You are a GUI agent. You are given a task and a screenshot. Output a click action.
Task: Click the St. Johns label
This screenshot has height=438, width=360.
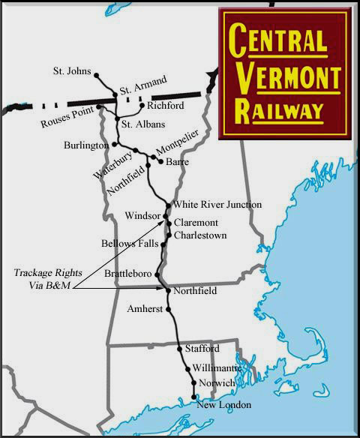point(71,73)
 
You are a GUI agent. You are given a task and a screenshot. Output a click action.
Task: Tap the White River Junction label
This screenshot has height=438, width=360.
point(217,205)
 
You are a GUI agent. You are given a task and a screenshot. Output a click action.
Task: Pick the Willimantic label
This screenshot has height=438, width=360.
point(217,369)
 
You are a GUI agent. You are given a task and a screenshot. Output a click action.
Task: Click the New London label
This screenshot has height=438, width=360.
point(223,406)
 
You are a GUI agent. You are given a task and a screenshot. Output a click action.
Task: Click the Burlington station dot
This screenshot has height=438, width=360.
point(115,144)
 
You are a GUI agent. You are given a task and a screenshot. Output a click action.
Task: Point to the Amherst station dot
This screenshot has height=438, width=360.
point(169,309)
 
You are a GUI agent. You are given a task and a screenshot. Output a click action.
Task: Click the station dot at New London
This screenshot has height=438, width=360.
point(194,397)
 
